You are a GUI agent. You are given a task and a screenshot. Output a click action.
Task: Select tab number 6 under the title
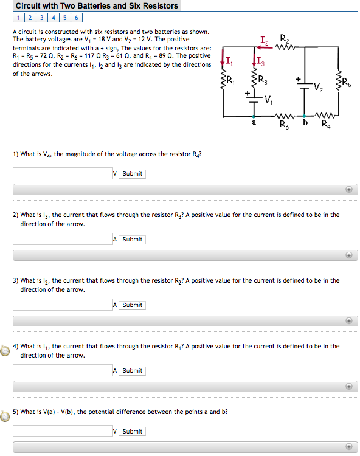click(77, 18)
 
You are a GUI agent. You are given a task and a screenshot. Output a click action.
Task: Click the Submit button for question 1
click(132, 174)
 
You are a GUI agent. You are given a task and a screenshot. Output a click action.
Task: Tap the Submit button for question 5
click(132, 432)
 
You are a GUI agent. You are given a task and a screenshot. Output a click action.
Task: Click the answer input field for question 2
click(62, 240)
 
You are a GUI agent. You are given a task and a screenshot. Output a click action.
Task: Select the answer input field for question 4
click(62, 370)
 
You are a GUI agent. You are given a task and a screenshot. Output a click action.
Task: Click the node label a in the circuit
click(254, 123)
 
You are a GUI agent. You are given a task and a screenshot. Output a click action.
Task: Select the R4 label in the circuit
click(327, 126)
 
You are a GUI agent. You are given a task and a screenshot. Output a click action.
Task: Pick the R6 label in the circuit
click(284, 126)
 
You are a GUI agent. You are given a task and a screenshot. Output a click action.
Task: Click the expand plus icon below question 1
click(349, 189)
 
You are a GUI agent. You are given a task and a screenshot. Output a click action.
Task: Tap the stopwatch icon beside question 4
click(5, 351)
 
